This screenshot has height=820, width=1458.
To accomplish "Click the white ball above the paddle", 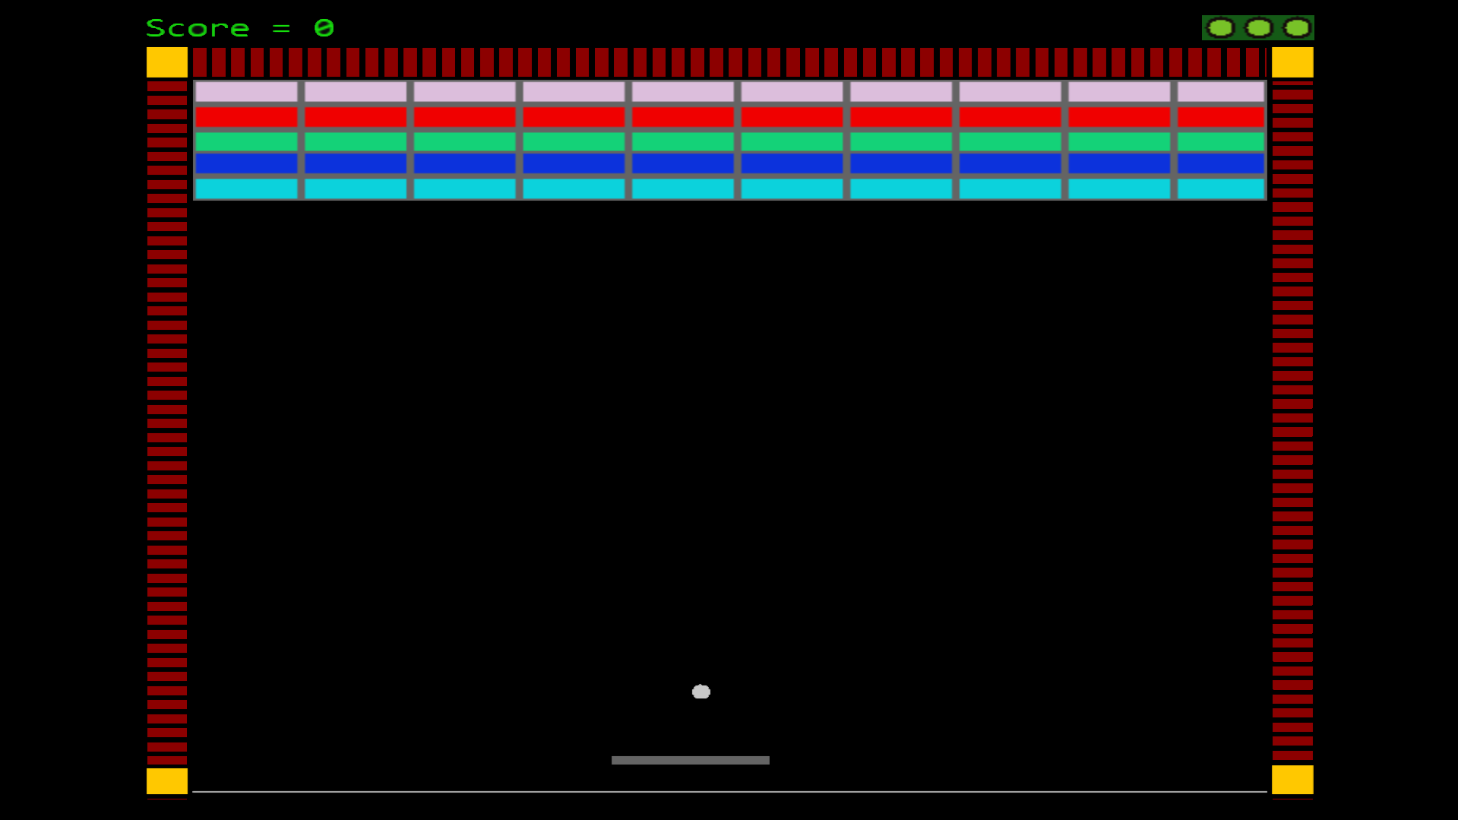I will [701, 692].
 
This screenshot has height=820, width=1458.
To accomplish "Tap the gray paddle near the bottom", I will [690, 760].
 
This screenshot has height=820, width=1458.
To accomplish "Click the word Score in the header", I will [198, 29].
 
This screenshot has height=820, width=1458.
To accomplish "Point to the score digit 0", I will [324, 29].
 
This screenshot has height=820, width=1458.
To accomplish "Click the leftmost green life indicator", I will [1221, 28].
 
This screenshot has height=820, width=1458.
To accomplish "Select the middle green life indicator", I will [1259, 28].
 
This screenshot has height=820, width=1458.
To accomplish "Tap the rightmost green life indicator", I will [1297, 28].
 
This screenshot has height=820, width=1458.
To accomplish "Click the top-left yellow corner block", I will [167, 62].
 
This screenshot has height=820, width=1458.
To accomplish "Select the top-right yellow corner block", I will [1292, 62].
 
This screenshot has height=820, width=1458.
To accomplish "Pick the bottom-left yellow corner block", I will [167, 781].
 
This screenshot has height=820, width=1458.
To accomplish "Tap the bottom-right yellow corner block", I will [1292, 780].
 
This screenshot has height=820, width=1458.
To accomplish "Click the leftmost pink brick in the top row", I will [246, 92].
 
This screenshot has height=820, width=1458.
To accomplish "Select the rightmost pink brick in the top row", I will [1220, 92].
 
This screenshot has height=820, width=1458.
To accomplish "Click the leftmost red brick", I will [246, 117].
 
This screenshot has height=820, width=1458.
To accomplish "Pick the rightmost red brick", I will [1220, 117].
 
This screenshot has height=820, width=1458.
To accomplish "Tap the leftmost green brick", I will [246, 141].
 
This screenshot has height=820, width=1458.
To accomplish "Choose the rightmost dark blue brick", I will [1220, 163].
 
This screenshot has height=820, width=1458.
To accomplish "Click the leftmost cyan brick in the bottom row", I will [246, 188].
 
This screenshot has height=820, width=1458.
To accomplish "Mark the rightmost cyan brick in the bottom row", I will [1220, 188].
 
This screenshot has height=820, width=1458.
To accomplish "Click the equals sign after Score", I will [281, 29].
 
